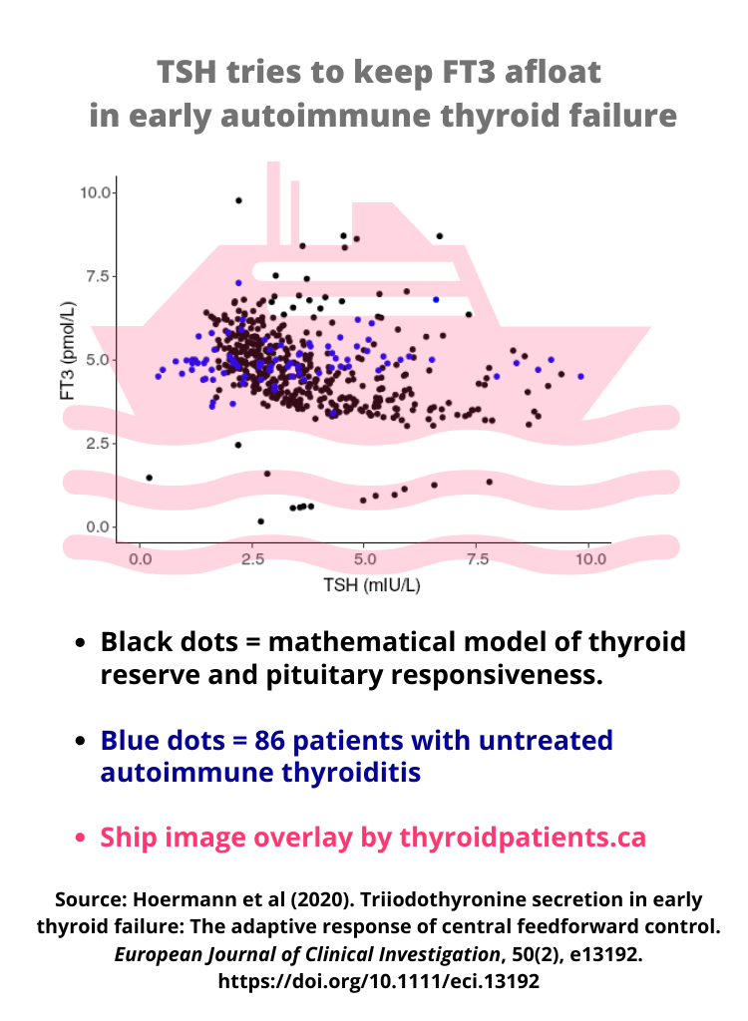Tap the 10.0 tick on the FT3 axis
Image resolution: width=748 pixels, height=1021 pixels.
click(x=98, y=192)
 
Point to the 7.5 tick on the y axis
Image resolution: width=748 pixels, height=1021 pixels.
click(x=98, y=276)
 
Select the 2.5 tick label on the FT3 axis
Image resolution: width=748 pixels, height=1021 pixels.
click(x=98, y=444)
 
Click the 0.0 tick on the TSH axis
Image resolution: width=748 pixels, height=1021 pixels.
click(x=141, y=559)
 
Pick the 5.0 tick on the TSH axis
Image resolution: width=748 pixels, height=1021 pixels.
click(x=365, y=559)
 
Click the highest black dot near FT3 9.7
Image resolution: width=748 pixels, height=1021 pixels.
click(x=238, y=200)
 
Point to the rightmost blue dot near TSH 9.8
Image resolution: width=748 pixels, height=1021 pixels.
click(x=581, y=376)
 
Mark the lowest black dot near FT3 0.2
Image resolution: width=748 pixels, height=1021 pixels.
click(x=261, y=520)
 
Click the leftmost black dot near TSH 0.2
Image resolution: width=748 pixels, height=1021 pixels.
click(x=150, y=478)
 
